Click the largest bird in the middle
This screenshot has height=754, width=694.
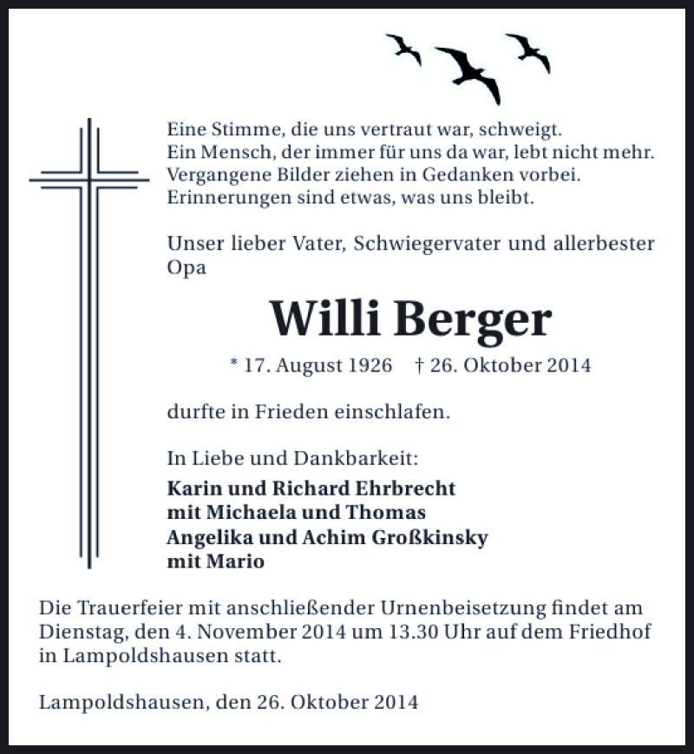pyautogui.click(x=468, y=72)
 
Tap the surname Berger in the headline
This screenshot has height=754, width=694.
pyautogui.click(x=473, y=320)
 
